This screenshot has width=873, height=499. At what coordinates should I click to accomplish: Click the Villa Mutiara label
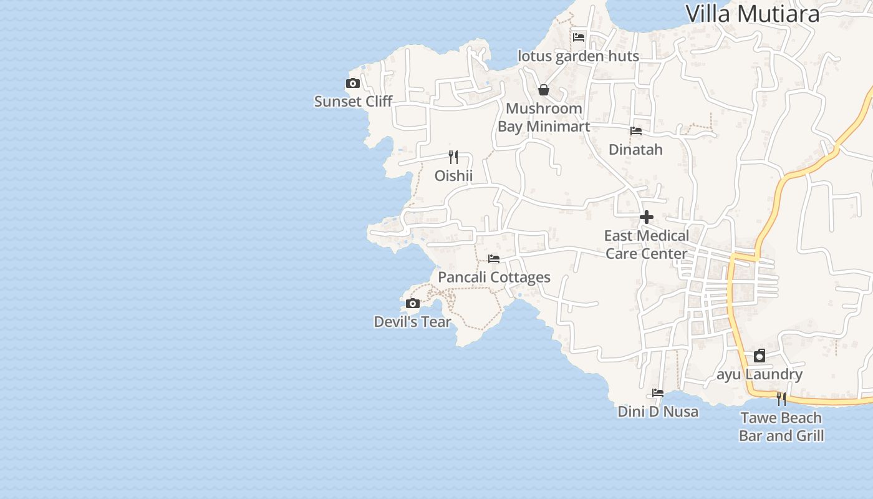click(x=752, y=13)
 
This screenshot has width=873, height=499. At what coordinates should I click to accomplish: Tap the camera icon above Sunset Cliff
click(x=353, y=83)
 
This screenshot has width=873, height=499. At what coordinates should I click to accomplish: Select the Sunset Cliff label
click(x=353, y=101)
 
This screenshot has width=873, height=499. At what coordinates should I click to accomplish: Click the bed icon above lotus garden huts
click(x=579, y=37)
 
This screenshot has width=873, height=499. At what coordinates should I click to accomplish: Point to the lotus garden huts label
click(x=578, y=56)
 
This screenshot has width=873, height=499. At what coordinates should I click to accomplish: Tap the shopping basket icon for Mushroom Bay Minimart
click(x=544, y=90)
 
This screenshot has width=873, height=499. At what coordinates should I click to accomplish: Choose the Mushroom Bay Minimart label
click(x=544, y=117)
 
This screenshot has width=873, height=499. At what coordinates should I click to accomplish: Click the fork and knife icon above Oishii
click(x=453, y=157)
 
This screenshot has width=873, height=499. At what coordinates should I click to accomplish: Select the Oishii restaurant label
click(x=453, y=176)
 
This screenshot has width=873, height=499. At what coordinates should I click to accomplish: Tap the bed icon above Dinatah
click(x=635, y=131)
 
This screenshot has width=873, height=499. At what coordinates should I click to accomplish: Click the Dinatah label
click(x=635, y=150)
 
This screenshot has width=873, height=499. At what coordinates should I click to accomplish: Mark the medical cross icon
click(x=647, y=217)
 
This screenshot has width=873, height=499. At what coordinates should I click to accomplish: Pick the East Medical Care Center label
click(x=647, y=245)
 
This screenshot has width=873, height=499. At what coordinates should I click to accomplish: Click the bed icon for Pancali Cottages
click(x=494, y=258)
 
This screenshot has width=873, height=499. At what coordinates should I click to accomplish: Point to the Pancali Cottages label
click(x=494, y=277)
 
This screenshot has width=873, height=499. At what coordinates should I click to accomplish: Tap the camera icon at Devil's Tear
click(x=412, y=304)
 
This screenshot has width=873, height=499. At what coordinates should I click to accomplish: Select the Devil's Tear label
click(x=412, y=322)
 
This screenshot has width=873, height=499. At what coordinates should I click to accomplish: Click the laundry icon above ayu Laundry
click(x=760, y=356)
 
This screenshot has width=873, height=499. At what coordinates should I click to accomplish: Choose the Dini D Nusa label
click(x=658, y=412)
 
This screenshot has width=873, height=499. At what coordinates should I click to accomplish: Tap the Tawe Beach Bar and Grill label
click(x=781, y=427)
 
